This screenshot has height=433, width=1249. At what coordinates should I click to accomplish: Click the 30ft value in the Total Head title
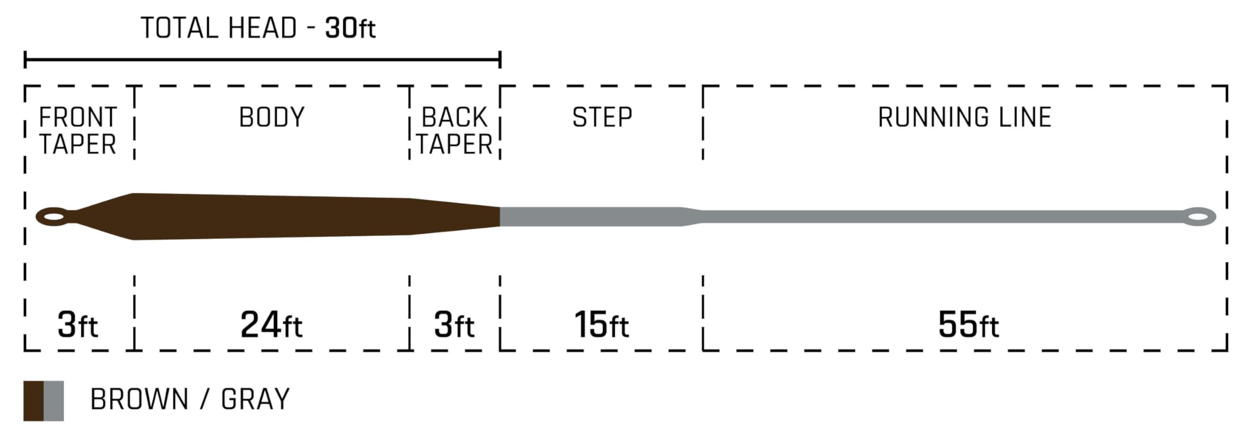tap(350, 28)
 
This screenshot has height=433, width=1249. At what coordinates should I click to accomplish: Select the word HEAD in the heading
tap(262, 28)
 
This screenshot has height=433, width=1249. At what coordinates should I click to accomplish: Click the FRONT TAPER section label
tap(78, 131)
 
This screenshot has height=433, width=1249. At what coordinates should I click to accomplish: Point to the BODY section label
tap(272, 117)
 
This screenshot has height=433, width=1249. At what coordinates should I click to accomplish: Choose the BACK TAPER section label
tap(454, 131)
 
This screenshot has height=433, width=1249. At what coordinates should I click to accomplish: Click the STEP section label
tap(602, 117)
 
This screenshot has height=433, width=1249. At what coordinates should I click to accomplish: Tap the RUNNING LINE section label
tap(965, 117)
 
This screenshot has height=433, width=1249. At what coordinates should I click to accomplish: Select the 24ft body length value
tap(271, 325)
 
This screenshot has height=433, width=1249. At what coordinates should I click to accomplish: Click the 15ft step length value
tap(602, 325)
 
